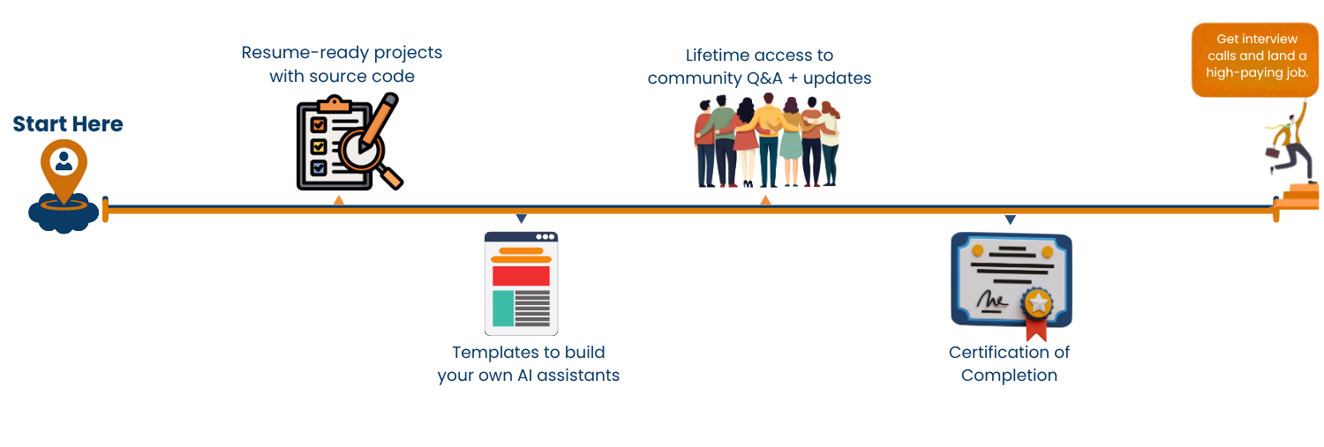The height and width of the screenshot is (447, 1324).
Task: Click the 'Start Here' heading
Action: coord(68,124)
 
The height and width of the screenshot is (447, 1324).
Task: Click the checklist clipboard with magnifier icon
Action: coord(348,145)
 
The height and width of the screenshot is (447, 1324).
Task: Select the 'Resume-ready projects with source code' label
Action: coord(342,64)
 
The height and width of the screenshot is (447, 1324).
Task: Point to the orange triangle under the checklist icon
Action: coord(338,200)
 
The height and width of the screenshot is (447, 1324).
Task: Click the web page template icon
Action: coord(521,283)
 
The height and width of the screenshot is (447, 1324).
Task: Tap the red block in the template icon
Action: coord(521,276)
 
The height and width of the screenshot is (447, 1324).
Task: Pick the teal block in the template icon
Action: coord(502,308)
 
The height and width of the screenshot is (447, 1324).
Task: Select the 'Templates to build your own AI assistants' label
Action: coord(528,364)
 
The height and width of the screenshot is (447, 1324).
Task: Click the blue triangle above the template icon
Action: coord(521,218)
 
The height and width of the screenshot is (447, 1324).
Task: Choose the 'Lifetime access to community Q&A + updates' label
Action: coord(759,67)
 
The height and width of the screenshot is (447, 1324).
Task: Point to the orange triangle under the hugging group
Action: coord(765,200)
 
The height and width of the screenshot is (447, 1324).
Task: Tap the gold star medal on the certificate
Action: coord(1039,304)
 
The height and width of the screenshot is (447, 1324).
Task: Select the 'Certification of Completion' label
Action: coord(1009,364)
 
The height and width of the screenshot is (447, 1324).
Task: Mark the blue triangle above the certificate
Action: coord(1010,218)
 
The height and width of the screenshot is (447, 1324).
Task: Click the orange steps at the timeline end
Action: coord(1298,193)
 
